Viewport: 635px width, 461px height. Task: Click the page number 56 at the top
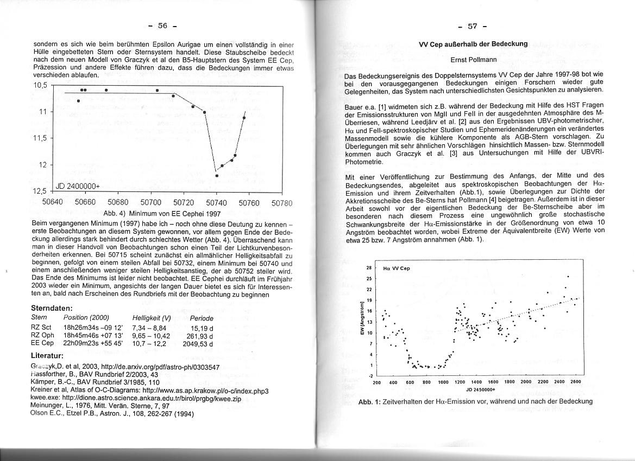pyautogui.click(x=163, y=25)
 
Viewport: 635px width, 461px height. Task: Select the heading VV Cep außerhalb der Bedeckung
pyautogui.click(x=473, y=44)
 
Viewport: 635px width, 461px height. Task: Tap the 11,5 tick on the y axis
pyautogui.click(x=41, y=138)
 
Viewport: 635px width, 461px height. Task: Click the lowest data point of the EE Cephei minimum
pyautogui.click(x=217, y=176)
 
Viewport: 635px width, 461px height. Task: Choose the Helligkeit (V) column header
pyautogui.click(x=152, y=318)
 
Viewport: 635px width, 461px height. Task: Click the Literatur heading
pyautogui.click(x=48, y=356)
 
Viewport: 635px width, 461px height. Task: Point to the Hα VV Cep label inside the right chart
pyautogui.click(x=396, y=268)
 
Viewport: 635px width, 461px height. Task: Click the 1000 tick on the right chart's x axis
pyautogui.click(x=443, y=382)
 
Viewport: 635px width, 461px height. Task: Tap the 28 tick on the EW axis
pyautogui.click(x=368, y=268)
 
